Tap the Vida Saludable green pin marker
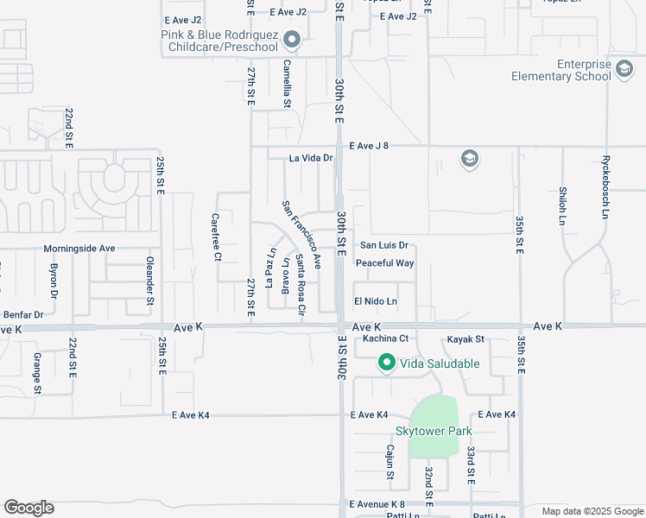(x=386, y=363)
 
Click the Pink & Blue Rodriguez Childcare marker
(x=292, y=40)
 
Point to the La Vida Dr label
(x=311, y=158)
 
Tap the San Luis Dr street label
(x=383, y=246)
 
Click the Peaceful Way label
(x=385, y=263)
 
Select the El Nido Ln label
(x=376, y=301)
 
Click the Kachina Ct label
(x=385, y=338)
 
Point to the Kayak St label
(x=465, y=340)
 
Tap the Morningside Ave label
(x=79, y=249)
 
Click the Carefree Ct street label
(x=217, y=237)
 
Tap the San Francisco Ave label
(x=301, y=234)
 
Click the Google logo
(x=28, y=508)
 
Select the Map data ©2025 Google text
(x=592, y=511)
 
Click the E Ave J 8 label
(x=370, y=146)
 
